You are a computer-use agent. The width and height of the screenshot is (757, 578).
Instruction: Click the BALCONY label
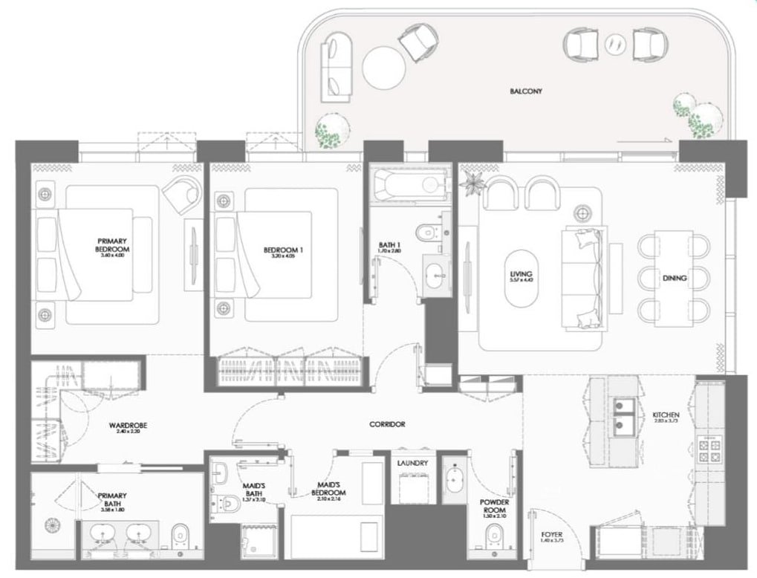coord(526,92)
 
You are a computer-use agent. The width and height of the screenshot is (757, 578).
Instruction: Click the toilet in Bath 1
coord(426,233)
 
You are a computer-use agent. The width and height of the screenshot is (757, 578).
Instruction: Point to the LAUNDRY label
coord(412,463)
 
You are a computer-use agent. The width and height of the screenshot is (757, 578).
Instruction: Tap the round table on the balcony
coord(384,68)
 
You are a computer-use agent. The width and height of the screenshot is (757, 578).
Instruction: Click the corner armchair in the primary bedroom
coord(183,192)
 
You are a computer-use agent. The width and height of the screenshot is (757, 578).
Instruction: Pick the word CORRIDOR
coord(386,424)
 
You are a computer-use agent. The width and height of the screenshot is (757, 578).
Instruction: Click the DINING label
coord(674,279)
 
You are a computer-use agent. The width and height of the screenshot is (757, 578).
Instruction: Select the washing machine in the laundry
coord(412,489)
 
